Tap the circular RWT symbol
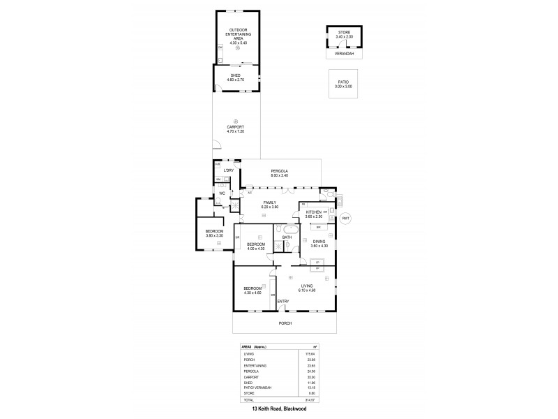coord(346,219)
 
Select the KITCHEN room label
coord(313,212)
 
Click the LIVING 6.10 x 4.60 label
coord(307,288)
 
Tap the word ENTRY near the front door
coord(283,302)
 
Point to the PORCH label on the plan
coord(284,323)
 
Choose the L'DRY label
coord(228,170)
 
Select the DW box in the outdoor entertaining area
coord(220,47)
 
